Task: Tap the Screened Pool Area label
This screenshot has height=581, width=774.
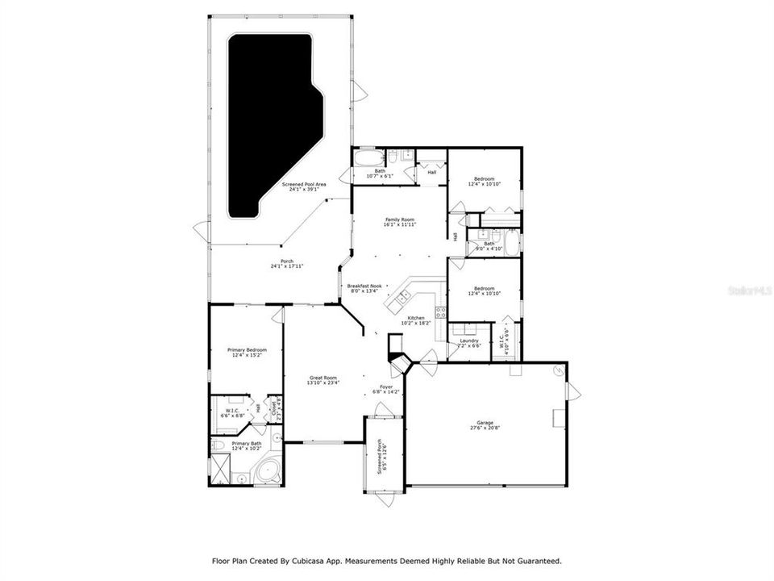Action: (x=304, y=185)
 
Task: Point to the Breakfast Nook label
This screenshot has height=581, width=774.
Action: (x=364, y=286)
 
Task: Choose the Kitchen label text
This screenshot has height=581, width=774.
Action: (x=416, y=318)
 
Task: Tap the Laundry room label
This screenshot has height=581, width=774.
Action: (x=469, y=341)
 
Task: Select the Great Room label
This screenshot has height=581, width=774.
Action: (x=323, y=378)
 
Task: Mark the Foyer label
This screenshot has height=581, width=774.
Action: (x=387, y=387)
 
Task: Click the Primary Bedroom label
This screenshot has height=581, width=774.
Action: (x=247, y=349)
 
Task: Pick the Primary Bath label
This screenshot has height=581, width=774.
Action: (x=247, y=443)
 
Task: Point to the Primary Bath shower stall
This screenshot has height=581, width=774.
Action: (x=220, y=466)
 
